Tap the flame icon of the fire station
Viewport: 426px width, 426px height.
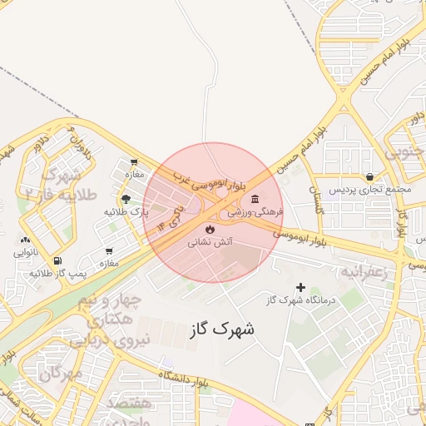(208, 228)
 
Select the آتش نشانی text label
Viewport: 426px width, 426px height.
(209, 242)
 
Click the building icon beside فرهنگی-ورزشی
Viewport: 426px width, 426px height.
(254, 199)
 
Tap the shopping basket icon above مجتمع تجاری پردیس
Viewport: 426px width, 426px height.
(369, 176)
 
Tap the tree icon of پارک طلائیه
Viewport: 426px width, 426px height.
(126, 199)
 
